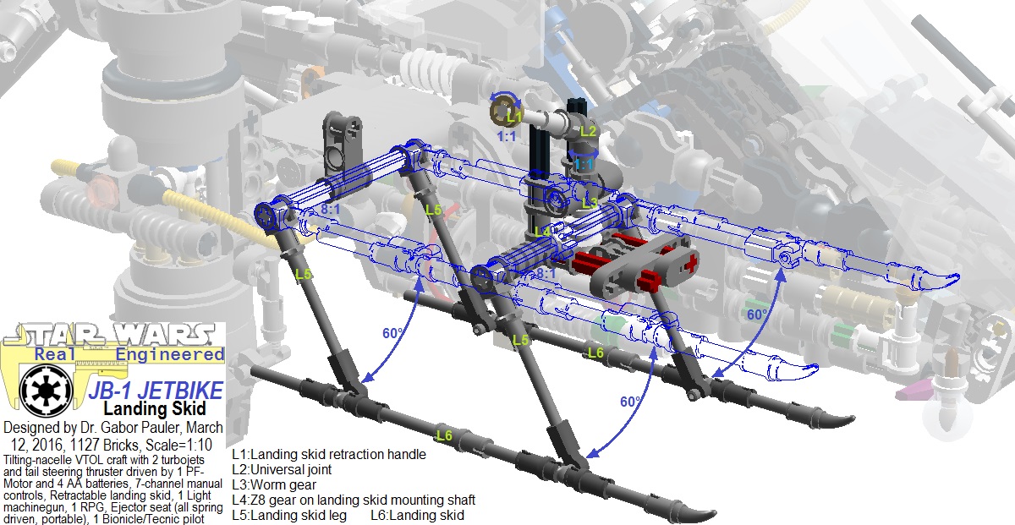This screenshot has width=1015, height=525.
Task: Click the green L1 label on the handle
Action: [x=514, y=116]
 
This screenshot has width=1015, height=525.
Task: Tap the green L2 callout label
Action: [x=588, y=131]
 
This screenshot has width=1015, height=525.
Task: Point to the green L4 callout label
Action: [x=541, y=231]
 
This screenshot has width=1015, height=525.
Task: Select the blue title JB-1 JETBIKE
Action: [x=156, y=391]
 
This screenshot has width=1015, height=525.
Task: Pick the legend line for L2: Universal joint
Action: [x=282, y=469]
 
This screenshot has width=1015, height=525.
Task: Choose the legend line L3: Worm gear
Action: [x=274, y=484]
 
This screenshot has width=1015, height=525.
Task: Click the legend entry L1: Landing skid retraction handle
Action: [x=329, y=454]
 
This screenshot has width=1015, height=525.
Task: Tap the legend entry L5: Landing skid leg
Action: [x=289, y=515]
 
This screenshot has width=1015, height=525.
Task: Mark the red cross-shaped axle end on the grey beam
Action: [x=694, y=263]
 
